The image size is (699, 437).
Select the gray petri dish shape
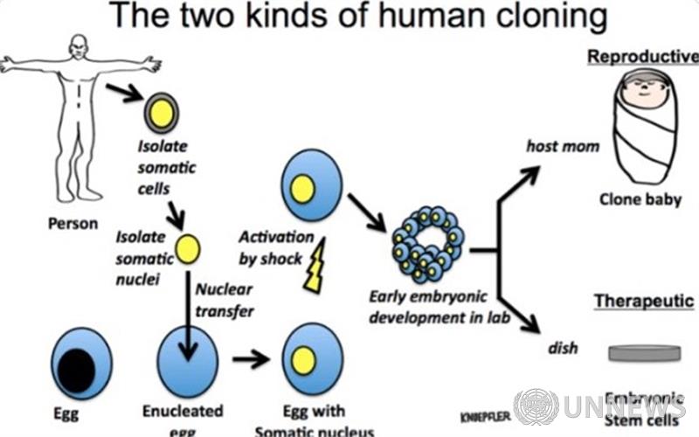tap(644, 353)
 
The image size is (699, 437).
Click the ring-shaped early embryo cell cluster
tap(427, 244)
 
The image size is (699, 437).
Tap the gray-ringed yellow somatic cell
tap(162, 112)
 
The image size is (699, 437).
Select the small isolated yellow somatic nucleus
tap(187, 249)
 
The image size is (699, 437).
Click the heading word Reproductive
tap(643, 57)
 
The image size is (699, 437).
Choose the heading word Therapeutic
tap(644, 302)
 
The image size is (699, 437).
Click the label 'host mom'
tap(563, 146)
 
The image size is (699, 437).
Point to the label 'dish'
tap(563, 349)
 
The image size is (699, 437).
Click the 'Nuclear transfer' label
tap(225, 299)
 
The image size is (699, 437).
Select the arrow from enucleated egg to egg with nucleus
tap(249, 358)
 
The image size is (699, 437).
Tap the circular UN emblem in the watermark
tap(536, 406)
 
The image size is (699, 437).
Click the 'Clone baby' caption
tap(640, 199)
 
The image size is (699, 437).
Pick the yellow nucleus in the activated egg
tap(302, 190)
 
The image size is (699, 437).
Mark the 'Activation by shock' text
tap(275, 248)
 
